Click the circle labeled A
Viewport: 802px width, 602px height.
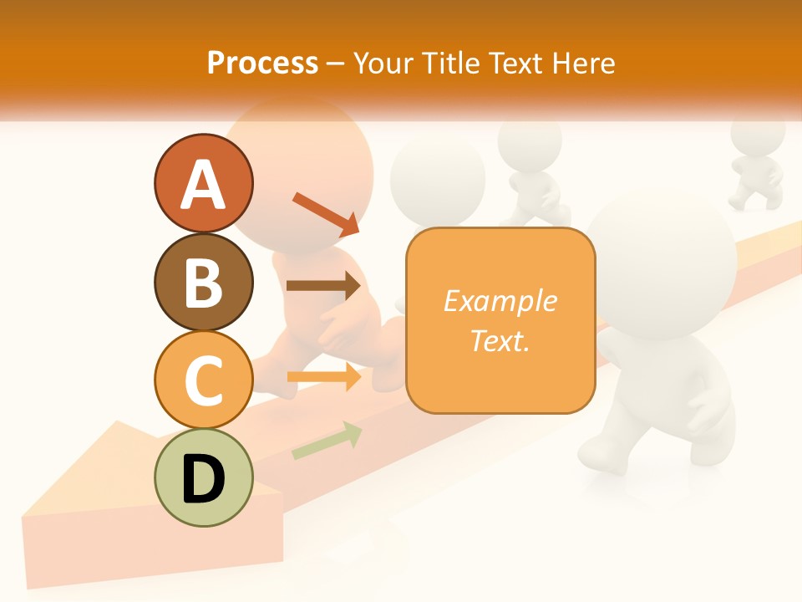pyautogui.click(x=203, y=183)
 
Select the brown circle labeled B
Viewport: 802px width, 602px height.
pyautogui.click(x=203, y=282)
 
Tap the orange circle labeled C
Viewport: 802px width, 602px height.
pyautogui.click(x=203, y=380)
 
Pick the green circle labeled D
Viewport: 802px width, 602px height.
pyautogui.click(x=203, y=477)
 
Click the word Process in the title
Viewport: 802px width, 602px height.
pyautogui.click(x=262, y=63)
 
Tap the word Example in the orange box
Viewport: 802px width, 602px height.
pyautogui.click(x=500, y=301)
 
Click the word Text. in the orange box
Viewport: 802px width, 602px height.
pyautogui.click(x=500, y=340)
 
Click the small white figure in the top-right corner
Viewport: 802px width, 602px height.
pyautogui.click(x=756, y=163)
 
